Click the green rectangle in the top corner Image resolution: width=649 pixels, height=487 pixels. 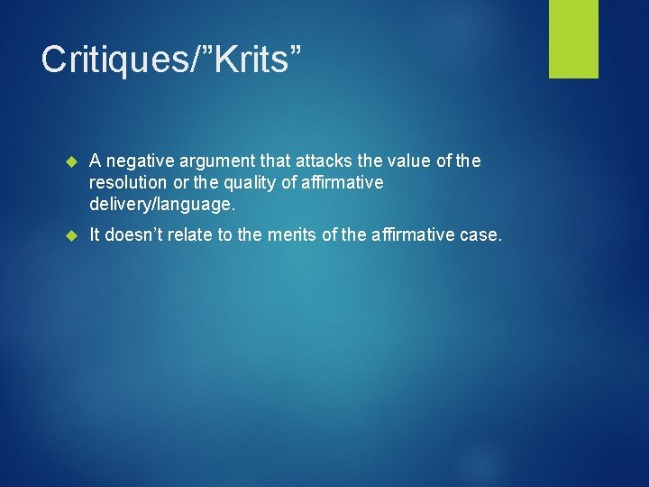(573, 39)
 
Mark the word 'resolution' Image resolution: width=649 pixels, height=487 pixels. (126, 183)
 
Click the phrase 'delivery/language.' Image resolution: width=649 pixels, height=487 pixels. (162, 205)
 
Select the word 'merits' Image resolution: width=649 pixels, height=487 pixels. (297, 235)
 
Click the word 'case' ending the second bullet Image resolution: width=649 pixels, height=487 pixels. (481, 235)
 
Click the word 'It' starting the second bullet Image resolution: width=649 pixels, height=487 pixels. (96, 235)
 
